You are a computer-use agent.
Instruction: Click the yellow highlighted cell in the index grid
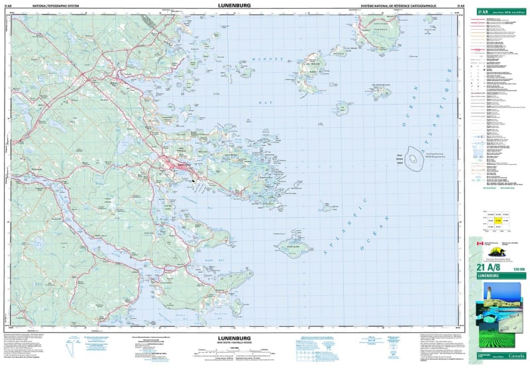497,220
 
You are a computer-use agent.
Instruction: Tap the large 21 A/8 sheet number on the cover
487,267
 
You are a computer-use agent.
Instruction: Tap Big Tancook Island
310,73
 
